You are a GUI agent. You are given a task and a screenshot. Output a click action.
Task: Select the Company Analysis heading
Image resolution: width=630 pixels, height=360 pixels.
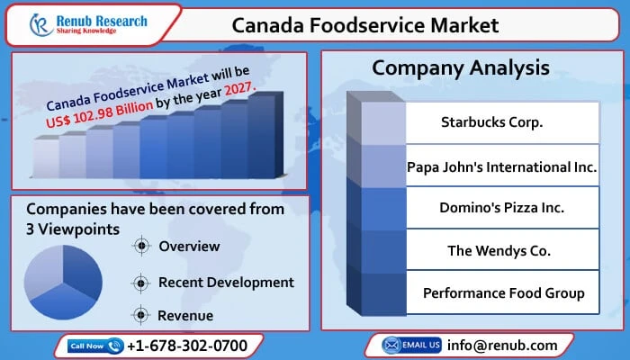pyautogui.click(x=460, y=68)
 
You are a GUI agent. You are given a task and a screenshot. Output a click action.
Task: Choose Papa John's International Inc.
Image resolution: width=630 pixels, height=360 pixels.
pyautogui.click(x=501, y=167)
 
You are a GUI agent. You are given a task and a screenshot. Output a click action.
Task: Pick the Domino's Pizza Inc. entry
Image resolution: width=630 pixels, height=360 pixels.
pyautogui.click(x=501, y=208)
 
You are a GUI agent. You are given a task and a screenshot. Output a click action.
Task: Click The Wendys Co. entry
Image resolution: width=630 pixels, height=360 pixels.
pyautogui.click(x=499, y=250)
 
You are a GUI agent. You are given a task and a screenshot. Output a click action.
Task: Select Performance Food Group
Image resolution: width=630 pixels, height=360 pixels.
pyautogui.click(x=503, y=292)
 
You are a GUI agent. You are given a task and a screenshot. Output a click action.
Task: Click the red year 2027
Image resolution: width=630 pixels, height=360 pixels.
pyautogui.click(x=237, y=89)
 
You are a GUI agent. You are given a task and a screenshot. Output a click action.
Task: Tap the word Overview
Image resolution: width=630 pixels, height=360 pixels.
pyautogui.click(x=189, y=247)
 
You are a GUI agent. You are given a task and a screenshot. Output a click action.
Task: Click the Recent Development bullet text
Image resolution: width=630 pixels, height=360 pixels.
pyautogui.click(x=226, y=282)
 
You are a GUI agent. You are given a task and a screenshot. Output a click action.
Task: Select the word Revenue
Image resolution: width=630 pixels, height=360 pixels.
pyautogui.click(x=185, y=315)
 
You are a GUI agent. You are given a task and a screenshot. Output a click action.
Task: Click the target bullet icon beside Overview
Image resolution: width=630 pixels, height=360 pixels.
pyautogui.click(x=139, y=247)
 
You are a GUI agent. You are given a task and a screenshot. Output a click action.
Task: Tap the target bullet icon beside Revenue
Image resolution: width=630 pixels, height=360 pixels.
pyautogui.click(x=139, y=315)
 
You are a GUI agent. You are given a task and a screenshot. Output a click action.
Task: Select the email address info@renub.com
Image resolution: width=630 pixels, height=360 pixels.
pyautogui.click(x=503, y=345)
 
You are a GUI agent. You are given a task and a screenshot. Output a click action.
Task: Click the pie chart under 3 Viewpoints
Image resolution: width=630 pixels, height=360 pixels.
pyautogui.click(x=63, y=274)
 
